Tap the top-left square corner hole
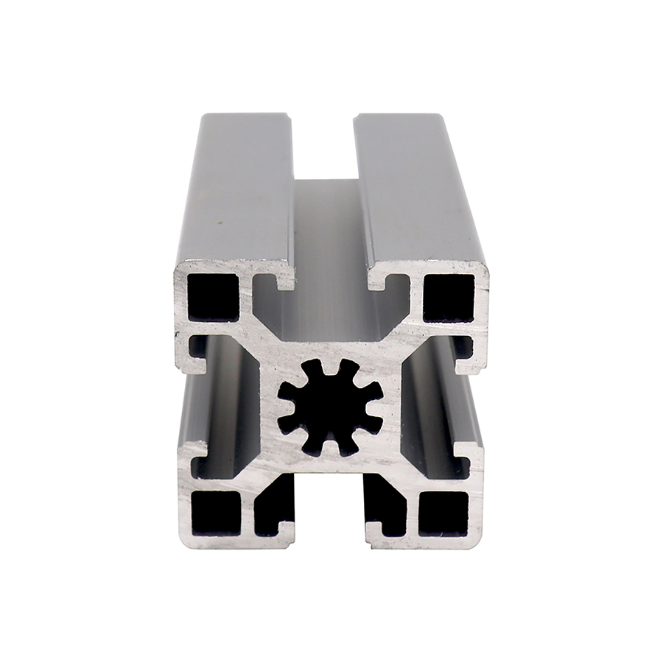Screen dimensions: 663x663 click(x=213, y=297)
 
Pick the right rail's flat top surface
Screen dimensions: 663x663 click(x=416, y=192)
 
